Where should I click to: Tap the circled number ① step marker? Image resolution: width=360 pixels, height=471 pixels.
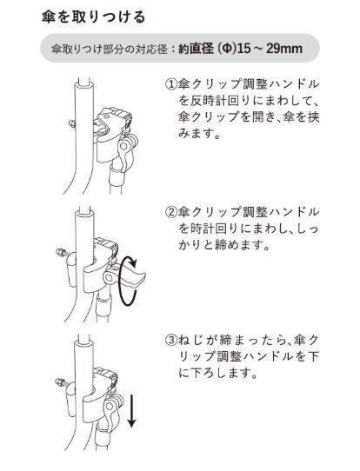[x=170, y=85]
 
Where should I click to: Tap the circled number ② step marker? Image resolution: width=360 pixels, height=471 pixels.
[x=170, y=212]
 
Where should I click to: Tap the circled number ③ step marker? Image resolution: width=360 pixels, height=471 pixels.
[x=170, y=339]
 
